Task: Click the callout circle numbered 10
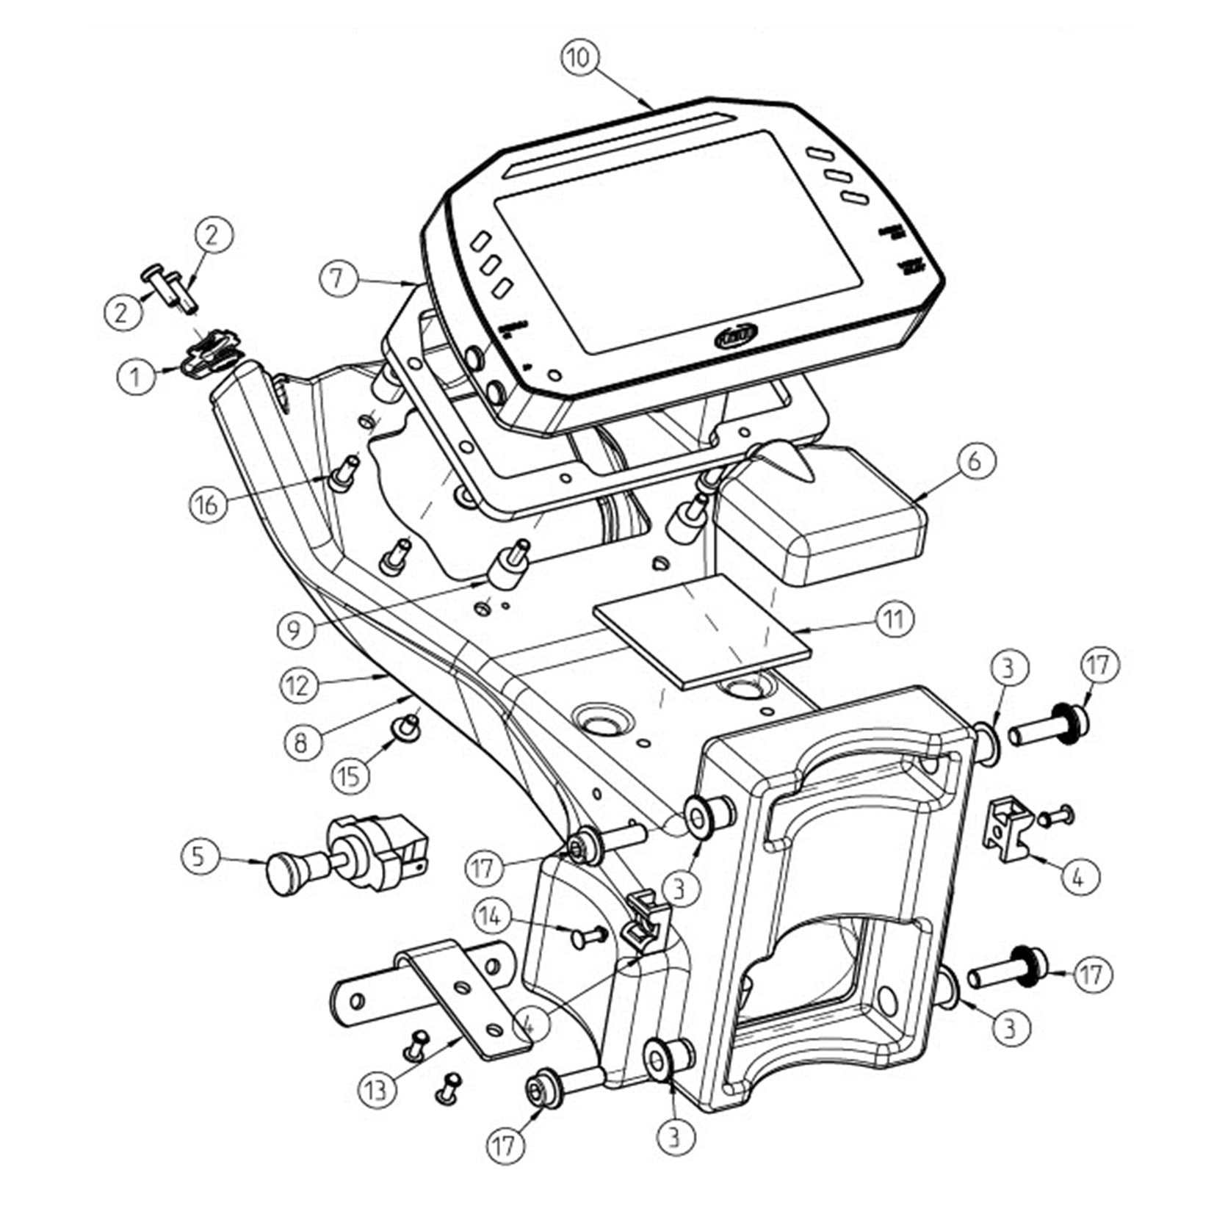579,58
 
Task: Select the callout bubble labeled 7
337,281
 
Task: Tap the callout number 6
974,461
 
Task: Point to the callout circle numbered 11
892,620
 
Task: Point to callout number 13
376,1089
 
